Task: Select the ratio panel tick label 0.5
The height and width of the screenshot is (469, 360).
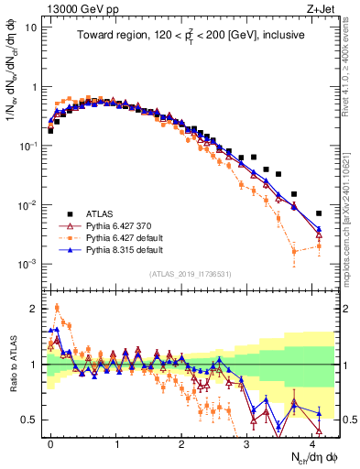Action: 31,420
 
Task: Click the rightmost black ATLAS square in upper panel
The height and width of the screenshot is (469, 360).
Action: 319,213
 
